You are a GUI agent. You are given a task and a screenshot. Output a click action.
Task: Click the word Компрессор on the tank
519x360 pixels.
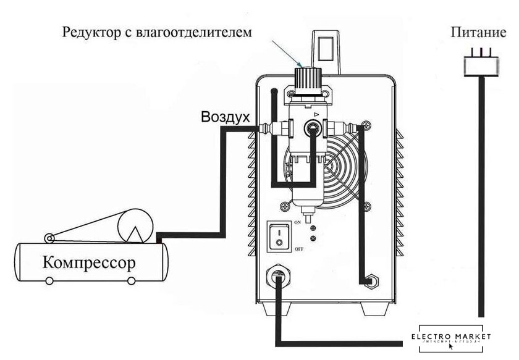[x=89, y=262]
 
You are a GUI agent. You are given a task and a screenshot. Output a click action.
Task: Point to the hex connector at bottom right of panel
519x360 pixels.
[x=369, y=282]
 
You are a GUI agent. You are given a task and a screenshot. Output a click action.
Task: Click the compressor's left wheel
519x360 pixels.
[x=49, y=280]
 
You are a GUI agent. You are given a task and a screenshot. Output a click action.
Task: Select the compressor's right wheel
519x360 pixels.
[x=132, y=280]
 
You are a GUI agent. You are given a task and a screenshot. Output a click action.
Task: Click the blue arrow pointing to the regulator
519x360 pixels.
[x=290, y=54]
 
